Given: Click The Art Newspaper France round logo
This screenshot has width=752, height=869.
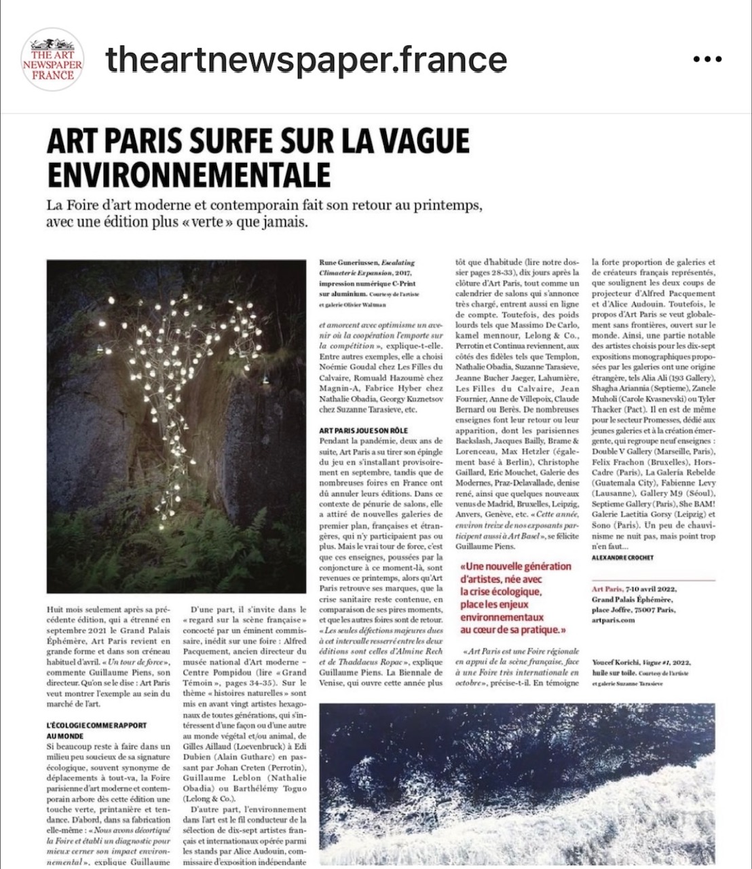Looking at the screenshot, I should pos(52,60).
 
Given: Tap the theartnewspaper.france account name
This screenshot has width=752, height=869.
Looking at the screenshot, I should pos(306,60).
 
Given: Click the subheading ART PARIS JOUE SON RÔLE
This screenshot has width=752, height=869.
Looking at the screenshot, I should pos(367,430).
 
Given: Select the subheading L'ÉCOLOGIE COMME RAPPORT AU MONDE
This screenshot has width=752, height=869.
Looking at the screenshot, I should pos(97,731).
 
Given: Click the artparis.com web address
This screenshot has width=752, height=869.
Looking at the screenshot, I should pos(614,620).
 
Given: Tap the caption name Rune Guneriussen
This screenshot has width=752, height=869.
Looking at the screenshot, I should pos(347,263).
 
